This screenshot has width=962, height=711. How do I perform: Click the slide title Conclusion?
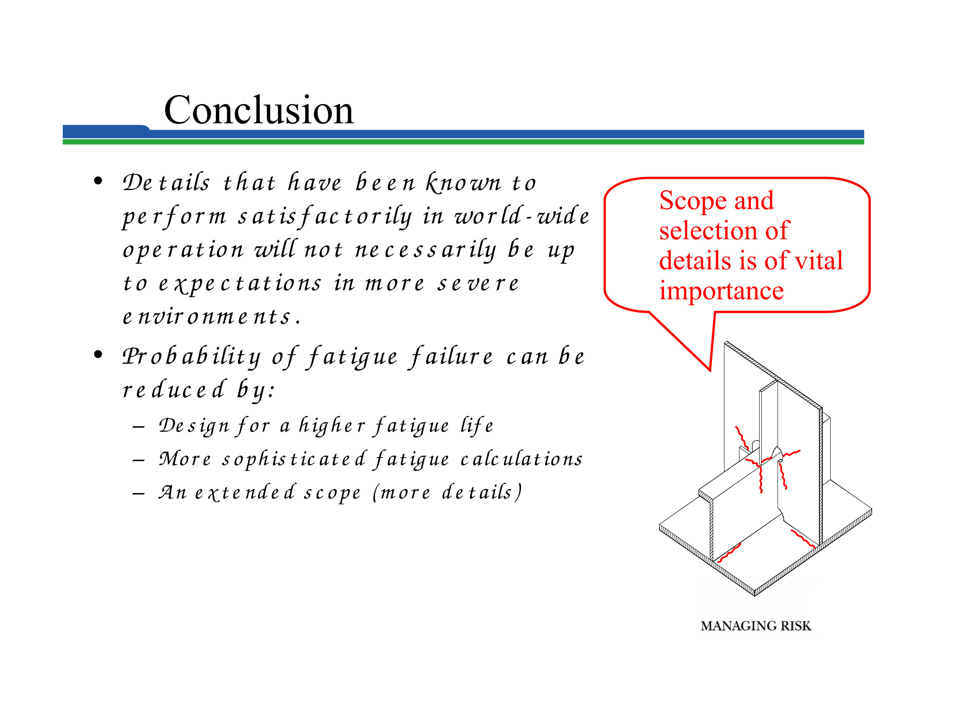point(258,110)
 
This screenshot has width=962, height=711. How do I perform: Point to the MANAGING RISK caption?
point(756,626)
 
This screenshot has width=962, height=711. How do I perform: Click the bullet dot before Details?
point(98,181)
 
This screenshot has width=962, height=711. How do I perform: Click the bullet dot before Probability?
point(98,355)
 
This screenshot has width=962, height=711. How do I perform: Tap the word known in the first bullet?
point(464,182)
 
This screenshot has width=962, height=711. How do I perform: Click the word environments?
point(211,317)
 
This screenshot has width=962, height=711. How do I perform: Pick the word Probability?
point(192,356)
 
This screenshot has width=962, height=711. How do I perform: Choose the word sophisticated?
point(294,459)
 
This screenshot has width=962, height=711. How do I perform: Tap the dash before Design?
point(138,427)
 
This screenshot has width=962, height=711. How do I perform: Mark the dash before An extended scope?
point(138,494)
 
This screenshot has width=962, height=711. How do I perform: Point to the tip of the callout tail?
point(710,370)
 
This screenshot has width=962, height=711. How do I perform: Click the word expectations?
point(240,284)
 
